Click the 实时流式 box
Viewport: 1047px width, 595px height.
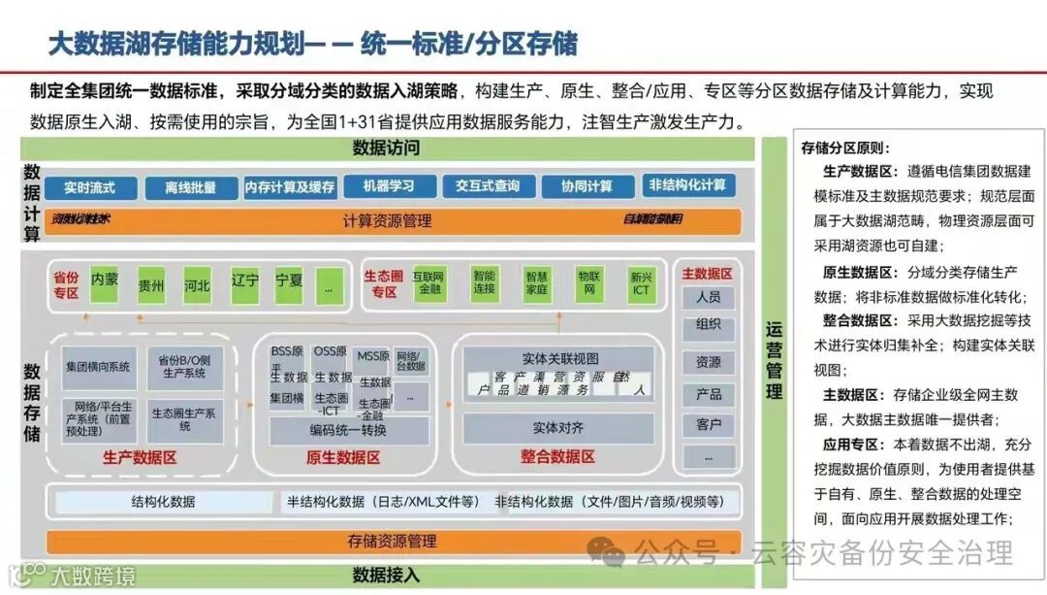pyautogui.click(x=89, y=187)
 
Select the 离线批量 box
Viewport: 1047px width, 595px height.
pyautogui.click(x=190, y=187)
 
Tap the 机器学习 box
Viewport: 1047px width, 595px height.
pyautogui.click(x=388, y=186)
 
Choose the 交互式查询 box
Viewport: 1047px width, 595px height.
pyautogui.click(x=488, y=186)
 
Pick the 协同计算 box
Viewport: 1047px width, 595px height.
pyautogui.click(x=587, y=186)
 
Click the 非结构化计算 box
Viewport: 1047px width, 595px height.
pyautogui.click(x=687, y=185)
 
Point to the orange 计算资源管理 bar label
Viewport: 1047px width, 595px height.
pyautogui.click(x=387, y=221)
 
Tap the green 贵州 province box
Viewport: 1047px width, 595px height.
pyautogui.click(x=151, y=285)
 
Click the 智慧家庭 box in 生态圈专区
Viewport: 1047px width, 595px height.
pyautogui.click(x=536, y=281)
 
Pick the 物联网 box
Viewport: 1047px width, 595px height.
pyautogui.click(x=588, y=281)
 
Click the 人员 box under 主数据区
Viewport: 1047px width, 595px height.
pyautogui.click(x=708, y=297)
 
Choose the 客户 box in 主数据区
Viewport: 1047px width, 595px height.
pyautogui.click(x=708, y=425)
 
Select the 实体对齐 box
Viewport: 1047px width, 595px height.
pyautogui.click(x=557, y=427)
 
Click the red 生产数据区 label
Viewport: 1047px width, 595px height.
pyautogui.click(x=140, y=457)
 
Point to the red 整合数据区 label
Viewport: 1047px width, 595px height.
pyautogui.click(x=557, y=456)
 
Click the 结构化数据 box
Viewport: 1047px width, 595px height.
pyautogui.click(x=163, y=502)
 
